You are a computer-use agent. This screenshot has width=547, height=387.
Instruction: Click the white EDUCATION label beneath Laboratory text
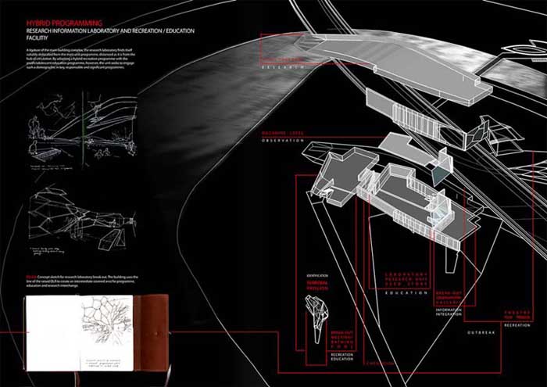coord(407,292)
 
